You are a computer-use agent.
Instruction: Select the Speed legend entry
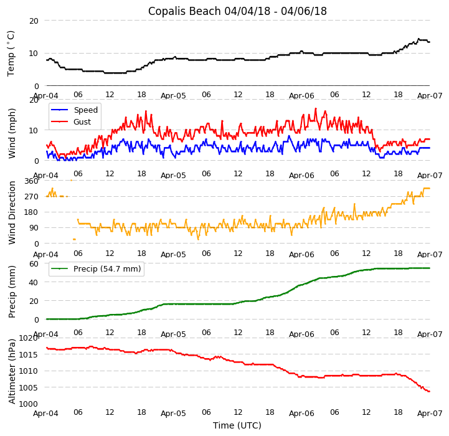pyautogui.click(x=85, y=110)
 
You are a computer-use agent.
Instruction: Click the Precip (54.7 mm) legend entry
pyautogui.click(x=107, y=269)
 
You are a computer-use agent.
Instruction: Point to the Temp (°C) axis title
pyautogui.click(x=11, y=53)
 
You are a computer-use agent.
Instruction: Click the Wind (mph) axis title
pyautogui.click(x=12, y=133)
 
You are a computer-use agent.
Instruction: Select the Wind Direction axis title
pyautogui.click(x=12, y=212)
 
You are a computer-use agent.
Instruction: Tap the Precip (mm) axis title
pyautogui.click(x=12, y=291)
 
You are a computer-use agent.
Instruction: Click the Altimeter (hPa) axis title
pyautogui.click(x=12, y=371)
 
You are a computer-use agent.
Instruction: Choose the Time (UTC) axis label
pyautogui.click(x=237, y=426)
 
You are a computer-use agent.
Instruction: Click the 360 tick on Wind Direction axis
pyautogui.click(x=31, y=181)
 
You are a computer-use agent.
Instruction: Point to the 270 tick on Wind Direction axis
pyautogui.click(x=31, y=197)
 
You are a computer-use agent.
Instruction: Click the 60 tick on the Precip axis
pyautogui.click(x=34, y=263)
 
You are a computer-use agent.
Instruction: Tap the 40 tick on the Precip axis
pyautogui.click(x=34, y=282)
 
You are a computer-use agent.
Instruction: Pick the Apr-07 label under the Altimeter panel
pyautogui.click(x=430, y=413)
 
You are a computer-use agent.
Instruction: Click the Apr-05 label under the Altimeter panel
pyautogui.click(x=173, y=413)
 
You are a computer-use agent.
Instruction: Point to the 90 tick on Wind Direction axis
pyautogui.click(x=34, y=228)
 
